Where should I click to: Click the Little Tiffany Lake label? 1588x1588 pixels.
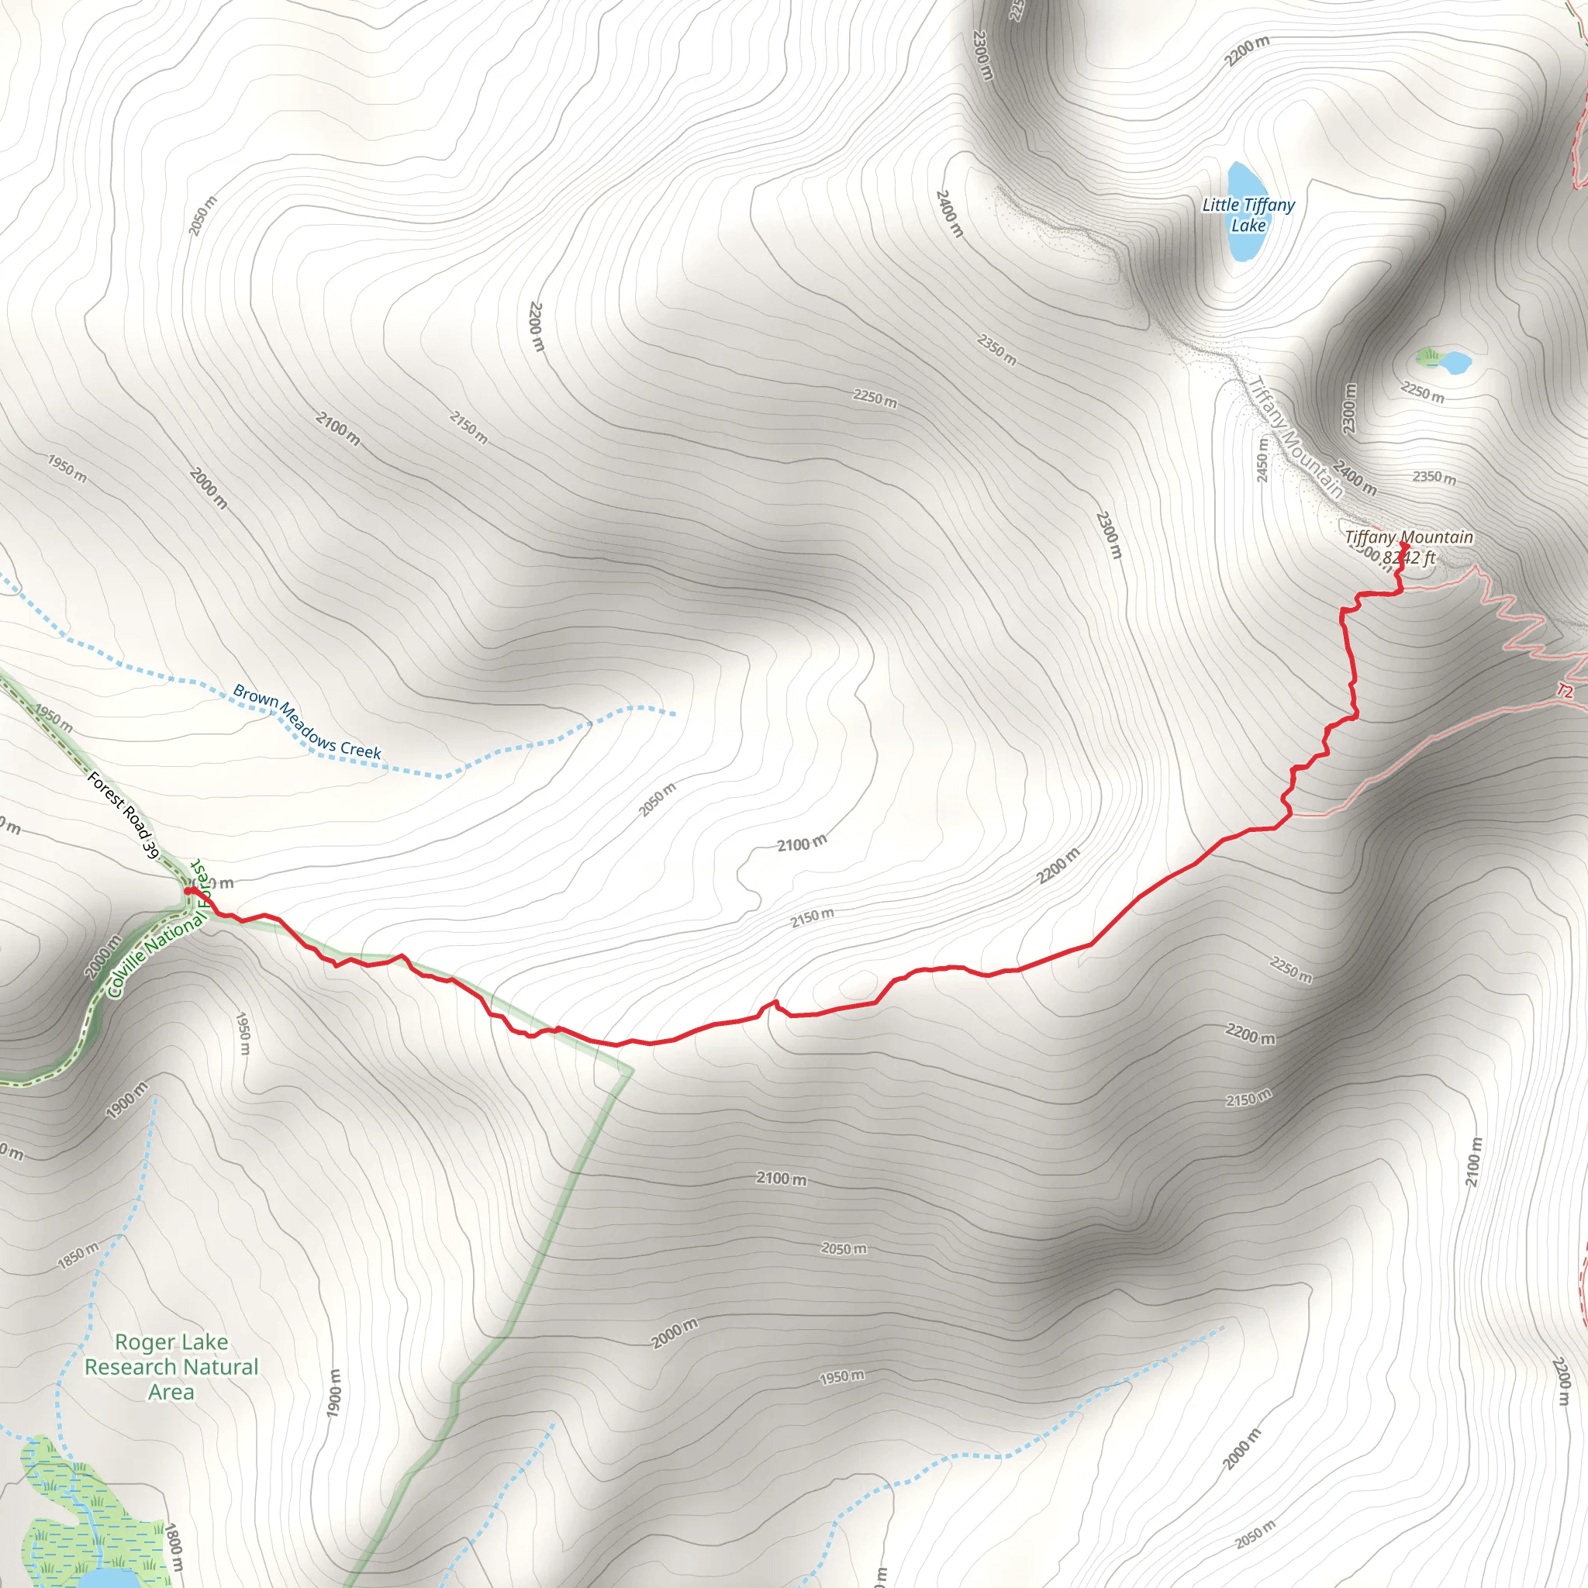[x=1248, y=216]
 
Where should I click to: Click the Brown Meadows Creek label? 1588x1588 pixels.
[x=306, y=721]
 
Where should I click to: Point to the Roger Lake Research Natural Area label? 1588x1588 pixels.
[x=171, y=1367]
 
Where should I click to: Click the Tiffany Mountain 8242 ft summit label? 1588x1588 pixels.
[x=1408, y=547]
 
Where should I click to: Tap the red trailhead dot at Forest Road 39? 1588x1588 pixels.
[x=188, y=890]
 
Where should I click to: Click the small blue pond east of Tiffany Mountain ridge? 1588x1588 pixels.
[x=1454, y=361]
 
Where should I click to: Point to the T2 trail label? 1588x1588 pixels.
[x=1564, y=691]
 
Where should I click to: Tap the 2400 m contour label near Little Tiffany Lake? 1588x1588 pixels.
[x=948, y=213]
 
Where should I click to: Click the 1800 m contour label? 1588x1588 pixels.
[x=173, y=1549]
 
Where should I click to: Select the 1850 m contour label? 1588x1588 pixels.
[x=78, y=1256]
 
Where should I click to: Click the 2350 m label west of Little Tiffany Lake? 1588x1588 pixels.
[x=996, y=350]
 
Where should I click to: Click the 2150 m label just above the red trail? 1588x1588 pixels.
[x=812, y=917]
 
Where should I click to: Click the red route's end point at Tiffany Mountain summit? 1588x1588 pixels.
[x=1405, y=545]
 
